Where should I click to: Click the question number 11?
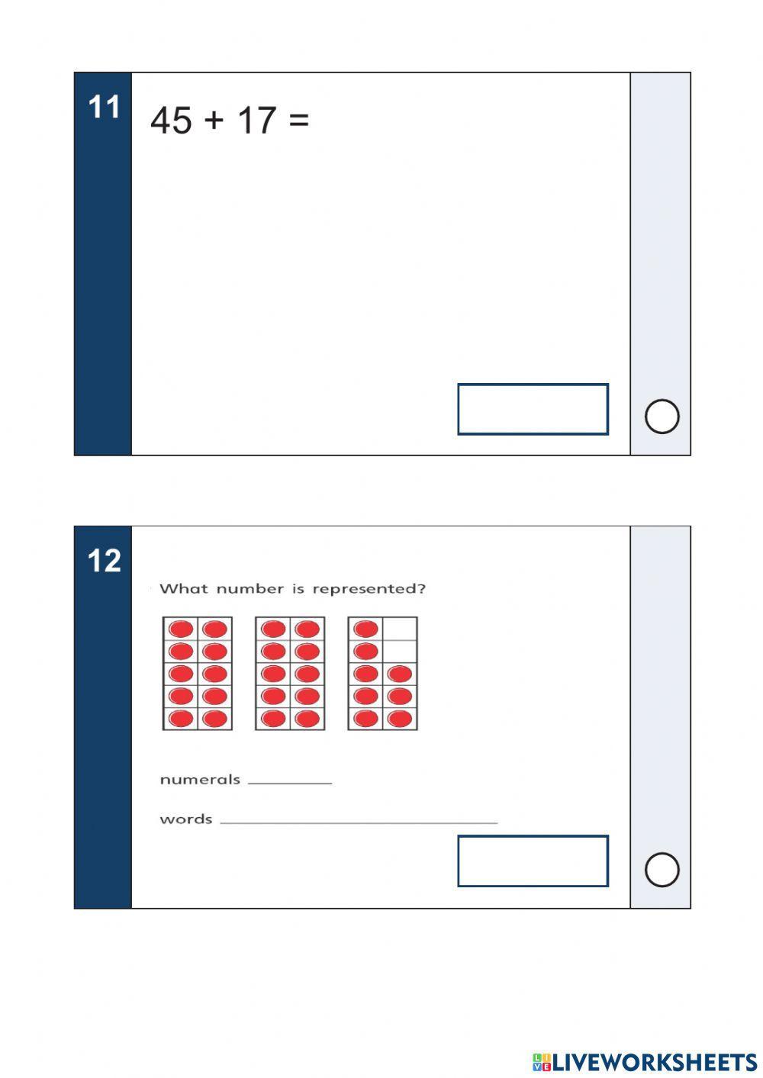pos(104,108)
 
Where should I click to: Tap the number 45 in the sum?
pos(171,121)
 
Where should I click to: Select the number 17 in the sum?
pos(256,121)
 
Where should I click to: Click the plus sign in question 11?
pos(214,121)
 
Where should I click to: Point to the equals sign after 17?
pos(299,121)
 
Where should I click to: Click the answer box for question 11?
pos(533,410)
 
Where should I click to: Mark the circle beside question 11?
pos(662,417)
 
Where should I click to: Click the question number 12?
pos(104,562)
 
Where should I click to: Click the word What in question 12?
pos(183,589)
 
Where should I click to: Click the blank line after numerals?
pos(290,782)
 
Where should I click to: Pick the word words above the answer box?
pos(185,819)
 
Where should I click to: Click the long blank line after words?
pos(359,822)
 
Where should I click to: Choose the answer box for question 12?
pos(533,861)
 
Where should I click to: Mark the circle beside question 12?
pos(662,870)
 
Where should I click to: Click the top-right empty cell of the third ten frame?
pos(400,629)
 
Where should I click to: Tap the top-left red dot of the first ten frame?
pos(181,629)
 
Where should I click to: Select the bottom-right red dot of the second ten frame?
pos(307,719)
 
